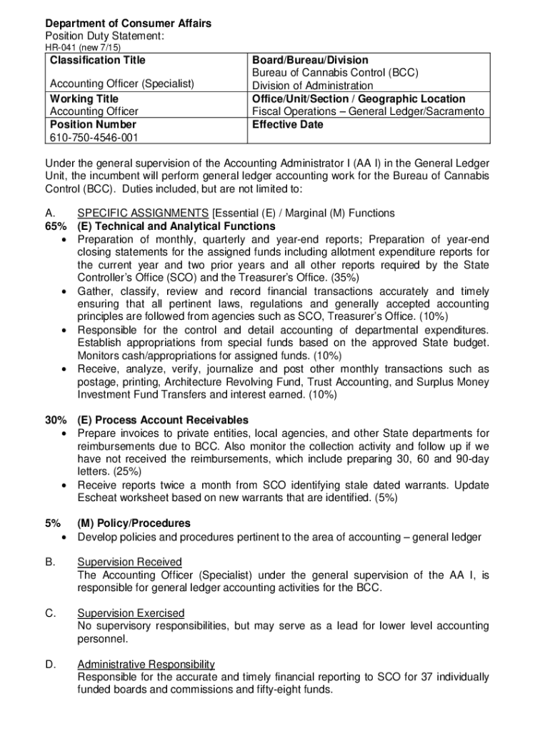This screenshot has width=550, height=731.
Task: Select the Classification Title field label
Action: tap(97, 60)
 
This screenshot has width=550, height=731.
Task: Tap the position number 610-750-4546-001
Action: tap(94, 137)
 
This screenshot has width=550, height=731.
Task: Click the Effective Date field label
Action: tap(287, 124)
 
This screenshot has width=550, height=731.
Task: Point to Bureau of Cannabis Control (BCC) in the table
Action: tap(335, 73)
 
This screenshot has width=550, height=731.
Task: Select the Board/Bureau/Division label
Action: tap(310, 60)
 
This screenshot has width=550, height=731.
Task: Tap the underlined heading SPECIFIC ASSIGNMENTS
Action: tap(143, 213)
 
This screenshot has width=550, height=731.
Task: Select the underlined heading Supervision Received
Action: tap(129, 562)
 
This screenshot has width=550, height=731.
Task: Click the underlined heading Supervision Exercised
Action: tap(131, 613)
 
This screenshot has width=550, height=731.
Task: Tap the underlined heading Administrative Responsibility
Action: tap(146, 664)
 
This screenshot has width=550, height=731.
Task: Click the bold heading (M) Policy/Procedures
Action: tap(134, 523)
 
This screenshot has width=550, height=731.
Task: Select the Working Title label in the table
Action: tap(84, 99)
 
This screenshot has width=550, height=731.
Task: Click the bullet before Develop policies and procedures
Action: tap(66, 537)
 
